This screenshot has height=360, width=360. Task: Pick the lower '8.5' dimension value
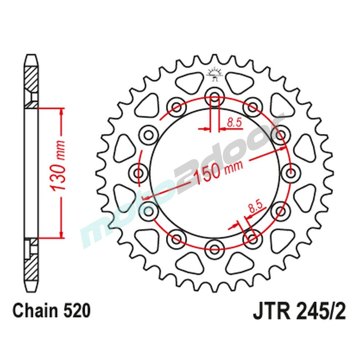256,208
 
